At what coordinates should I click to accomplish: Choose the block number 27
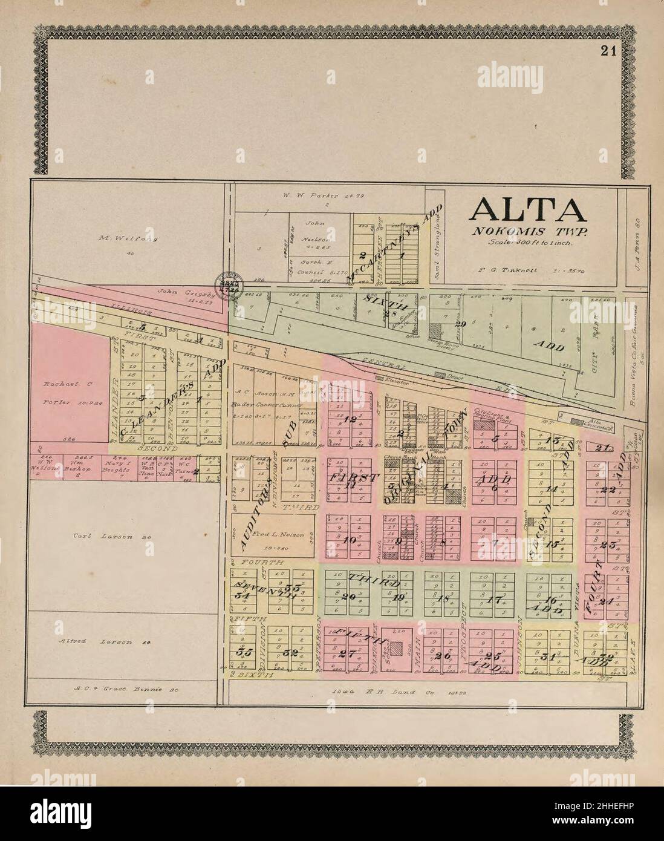[346, 653]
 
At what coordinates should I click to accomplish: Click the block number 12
[350, 419]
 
